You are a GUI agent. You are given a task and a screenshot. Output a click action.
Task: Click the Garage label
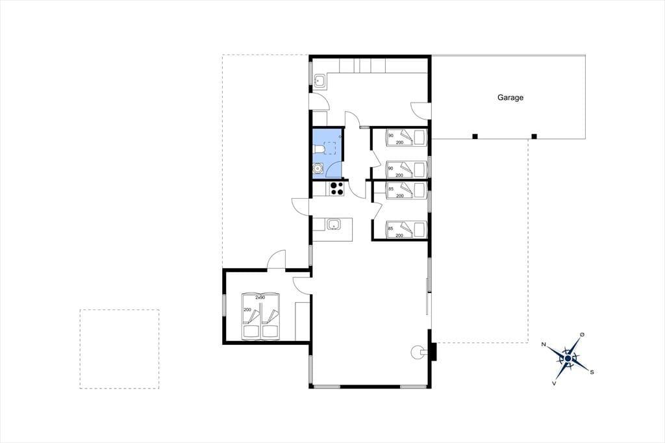pos(510,97)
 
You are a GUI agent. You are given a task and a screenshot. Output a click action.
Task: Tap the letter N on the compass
pos(544,344)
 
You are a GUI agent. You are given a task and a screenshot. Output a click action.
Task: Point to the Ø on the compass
pos(583,335)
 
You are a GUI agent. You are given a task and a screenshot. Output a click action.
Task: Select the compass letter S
pos(592,372)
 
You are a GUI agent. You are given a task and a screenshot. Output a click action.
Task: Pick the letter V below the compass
pos(554,383)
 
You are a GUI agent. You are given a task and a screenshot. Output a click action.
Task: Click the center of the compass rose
pos(568,359)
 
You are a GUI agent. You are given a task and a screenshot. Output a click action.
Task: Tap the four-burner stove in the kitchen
pos(337,188)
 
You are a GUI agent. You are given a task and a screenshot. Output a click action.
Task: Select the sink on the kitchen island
pos(334,224)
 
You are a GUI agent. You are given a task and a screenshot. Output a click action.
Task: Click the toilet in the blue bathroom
pos(318,149)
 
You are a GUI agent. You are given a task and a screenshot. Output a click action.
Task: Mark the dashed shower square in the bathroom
pos(329,148)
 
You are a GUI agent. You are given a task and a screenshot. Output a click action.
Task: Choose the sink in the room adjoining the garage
pos(320,80)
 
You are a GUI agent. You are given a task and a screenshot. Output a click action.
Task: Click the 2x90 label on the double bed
pos(260,298)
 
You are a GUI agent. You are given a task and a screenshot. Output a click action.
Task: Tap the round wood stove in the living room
pos(417,351)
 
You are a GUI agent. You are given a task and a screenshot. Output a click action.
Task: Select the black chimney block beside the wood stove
pos(433,352)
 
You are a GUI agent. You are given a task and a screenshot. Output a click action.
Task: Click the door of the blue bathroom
pos(335,170)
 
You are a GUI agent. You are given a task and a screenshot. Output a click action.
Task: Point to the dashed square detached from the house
pos(119,349)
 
